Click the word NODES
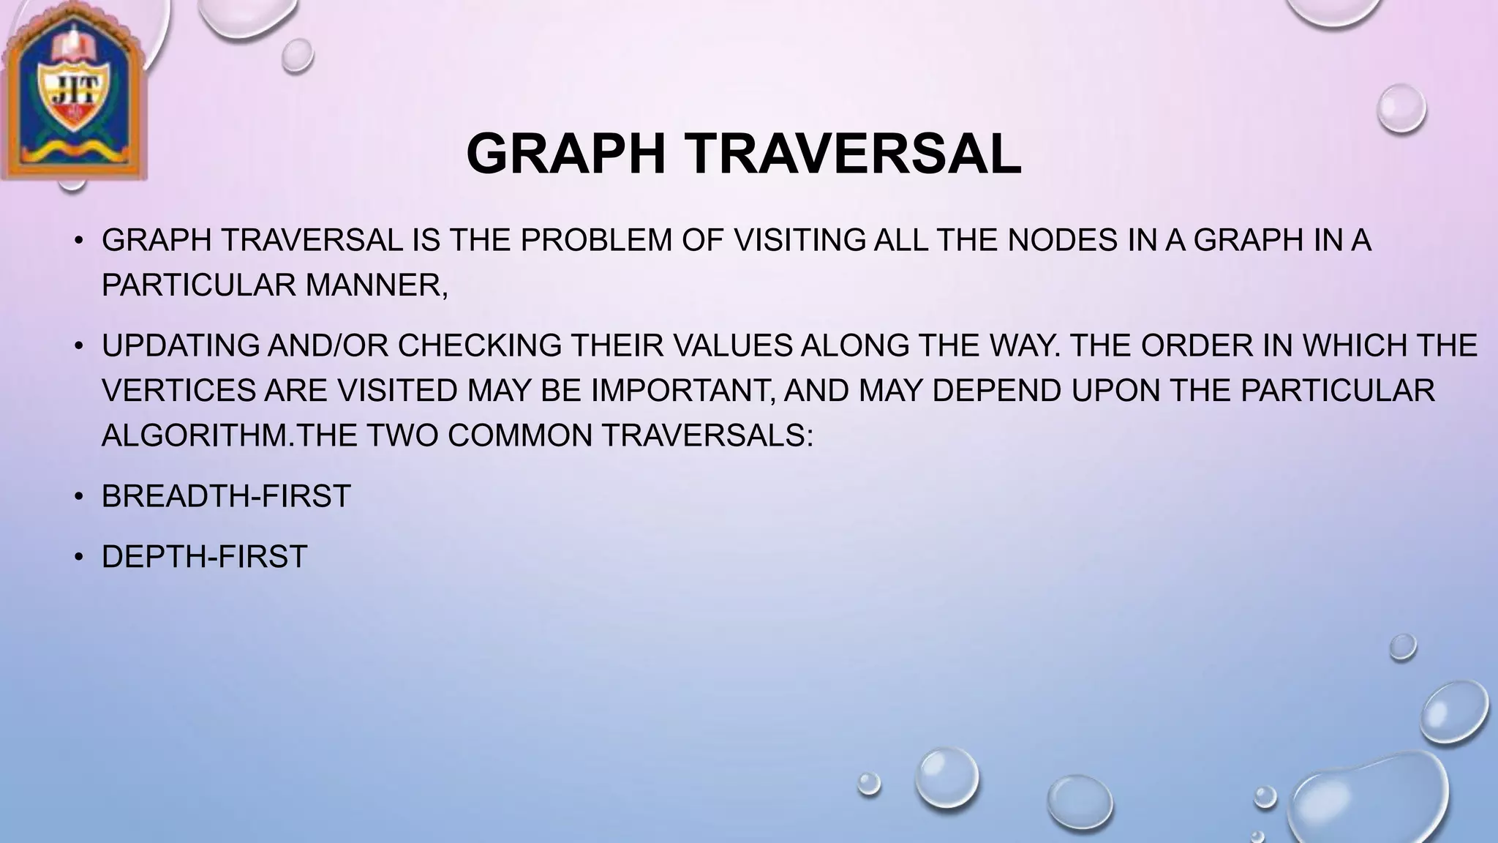pyautogui.click(x=1062, y=240)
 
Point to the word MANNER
pyautogui.click(x=376, y=285)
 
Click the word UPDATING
pyautogui.click(x=181, y=345)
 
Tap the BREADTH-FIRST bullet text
pyautogui.click(x=226, y=496)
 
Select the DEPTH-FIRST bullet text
pyautogui.click(x=204, y=557)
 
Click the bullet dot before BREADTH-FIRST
pyautogui.click(x=79, y=497)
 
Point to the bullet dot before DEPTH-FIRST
pyautogui.click(x=79, y=558)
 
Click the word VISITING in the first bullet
pyautogui.click(x=799, y=240)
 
